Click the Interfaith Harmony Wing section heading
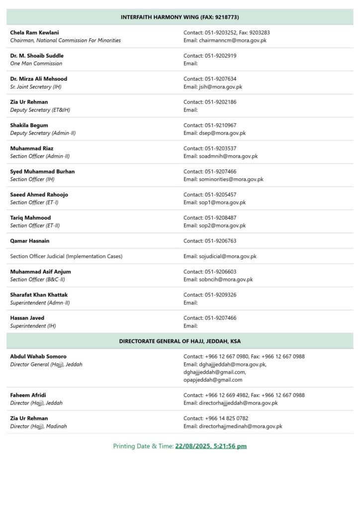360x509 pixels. [x=180, y=17]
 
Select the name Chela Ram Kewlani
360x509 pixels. [x=34, y=32]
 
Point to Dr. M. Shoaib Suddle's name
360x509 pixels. [x=37, y=56]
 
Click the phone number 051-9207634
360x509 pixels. [x=220, y=79]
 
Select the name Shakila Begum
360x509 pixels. [x=29, y=125]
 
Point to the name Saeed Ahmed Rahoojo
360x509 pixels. [x=39, y=195]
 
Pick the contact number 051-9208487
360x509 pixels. [x=220, y=218]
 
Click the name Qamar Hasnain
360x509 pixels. [x=30, y=241]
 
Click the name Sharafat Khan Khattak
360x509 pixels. [x=39, y=295]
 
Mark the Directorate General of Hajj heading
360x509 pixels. [x=180, y=341]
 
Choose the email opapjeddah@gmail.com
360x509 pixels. [x=213, y=380]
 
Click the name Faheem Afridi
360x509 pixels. [x=29, y=395]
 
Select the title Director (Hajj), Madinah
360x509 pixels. [x=38, y=426]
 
